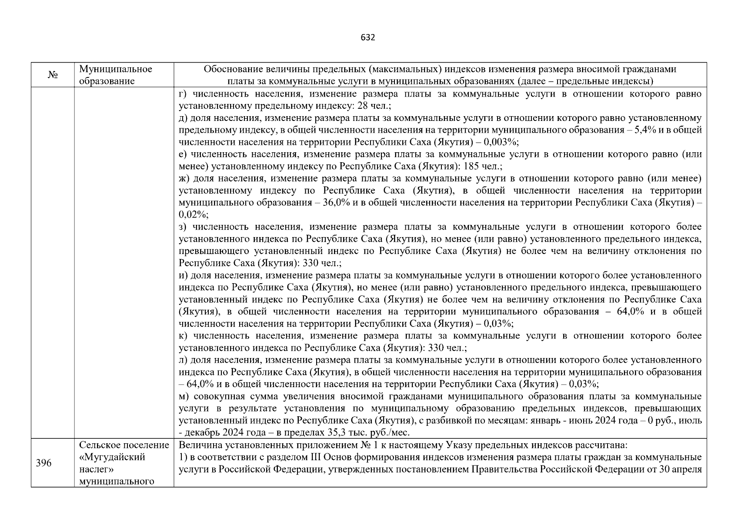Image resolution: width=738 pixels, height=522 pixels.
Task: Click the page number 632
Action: pos(368,37)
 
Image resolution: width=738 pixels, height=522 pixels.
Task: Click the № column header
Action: pos(53,75)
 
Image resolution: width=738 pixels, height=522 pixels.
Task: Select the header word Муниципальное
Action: pos(116,69)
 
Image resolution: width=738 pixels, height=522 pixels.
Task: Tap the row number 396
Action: pos(43,463)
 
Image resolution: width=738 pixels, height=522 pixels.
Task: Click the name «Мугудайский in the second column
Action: pos(112,457)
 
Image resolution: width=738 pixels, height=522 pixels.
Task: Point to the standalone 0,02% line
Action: pos(193,214)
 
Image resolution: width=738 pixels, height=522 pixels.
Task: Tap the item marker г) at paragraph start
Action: pos(183,94)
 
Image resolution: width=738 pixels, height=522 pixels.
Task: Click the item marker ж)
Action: pos(184,178)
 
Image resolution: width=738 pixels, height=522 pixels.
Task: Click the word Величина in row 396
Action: pos(196,445)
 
